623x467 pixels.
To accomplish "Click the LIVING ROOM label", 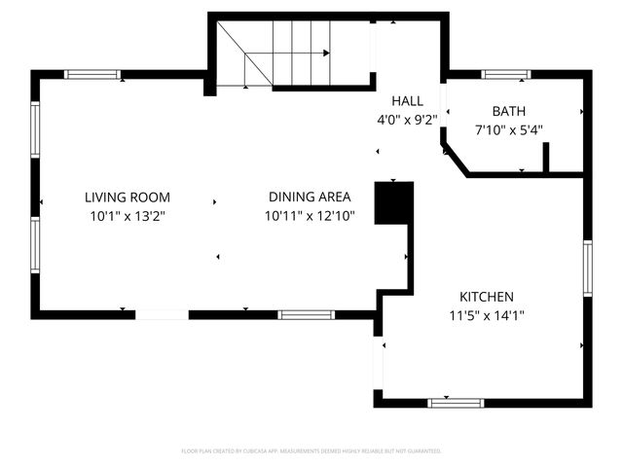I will (x=127, y=198).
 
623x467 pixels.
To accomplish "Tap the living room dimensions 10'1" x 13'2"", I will (x=127, y=216).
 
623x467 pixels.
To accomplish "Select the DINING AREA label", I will (x=310, y=198).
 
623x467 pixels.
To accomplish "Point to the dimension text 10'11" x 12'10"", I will (x=310, y=216).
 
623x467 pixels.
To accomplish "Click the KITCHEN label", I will (x=487, y=297).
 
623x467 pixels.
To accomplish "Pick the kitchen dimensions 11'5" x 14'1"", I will (x=487, y=315).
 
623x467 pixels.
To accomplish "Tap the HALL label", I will (x=407, y=101).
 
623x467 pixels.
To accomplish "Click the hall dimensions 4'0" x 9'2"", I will (x=407, y=120).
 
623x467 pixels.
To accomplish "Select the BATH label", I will (x=508, y=111).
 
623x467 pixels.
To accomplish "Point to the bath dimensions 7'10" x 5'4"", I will (x=508, y=129).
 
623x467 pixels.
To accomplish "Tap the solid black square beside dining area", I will (x=394, y=202).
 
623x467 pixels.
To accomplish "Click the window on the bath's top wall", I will (x=506, y=74).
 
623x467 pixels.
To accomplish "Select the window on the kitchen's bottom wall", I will (x=456, y=402).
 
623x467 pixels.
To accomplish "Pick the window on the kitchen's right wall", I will (x=588, y=268).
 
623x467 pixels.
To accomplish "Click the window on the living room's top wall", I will (x=93, y=74).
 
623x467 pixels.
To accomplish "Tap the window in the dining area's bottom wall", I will (x=306, y=314).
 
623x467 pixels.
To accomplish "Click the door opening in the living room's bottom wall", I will (x=162, y=314).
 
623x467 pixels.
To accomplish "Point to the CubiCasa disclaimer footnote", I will (x=311, y=451).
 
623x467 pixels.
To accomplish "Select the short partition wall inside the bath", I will (x=547, y=158).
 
